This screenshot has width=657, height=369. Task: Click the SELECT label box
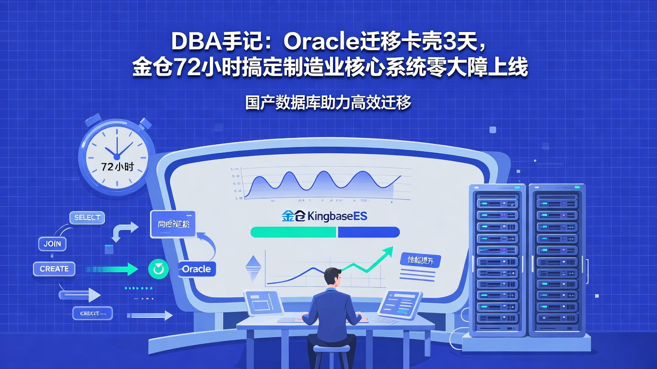point(87,218)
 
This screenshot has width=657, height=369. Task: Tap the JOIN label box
point(52,244)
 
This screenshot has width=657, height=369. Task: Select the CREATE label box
point(54,269)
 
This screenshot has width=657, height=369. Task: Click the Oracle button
point(196,269)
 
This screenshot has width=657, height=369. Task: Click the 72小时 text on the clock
point(117,167)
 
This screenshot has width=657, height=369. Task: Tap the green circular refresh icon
point(158,269)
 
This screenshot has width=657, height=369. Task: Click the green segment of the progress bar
point(293,232)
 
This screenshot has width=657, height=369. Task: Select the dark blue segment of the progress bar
point(369,232)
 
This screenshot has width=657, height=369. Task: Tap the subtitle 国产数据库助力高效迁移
point(328,102)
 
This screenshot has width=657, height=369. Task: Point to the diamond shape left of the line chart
point(252,269)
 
